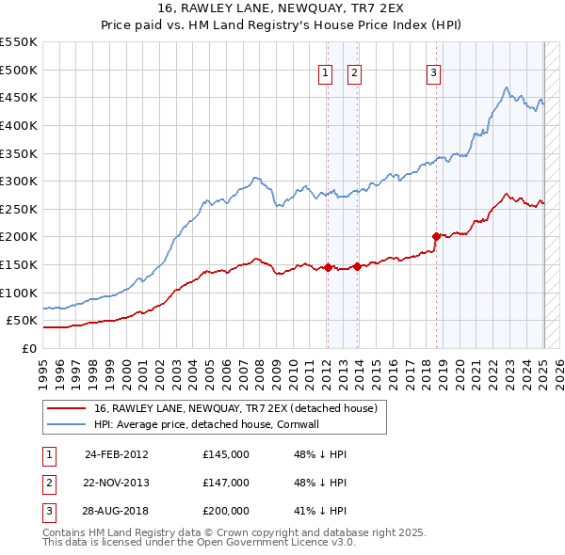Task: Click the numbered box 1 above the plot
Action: (325, 73)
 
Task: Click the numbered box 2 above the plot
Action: (354, 73)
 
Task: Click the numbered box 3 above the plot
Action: (433, 73)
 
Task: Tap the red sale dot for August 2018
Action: (436, 236)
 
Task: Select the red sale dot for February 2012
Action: (328, 267)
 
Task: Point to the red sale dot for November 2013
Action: (358, 266)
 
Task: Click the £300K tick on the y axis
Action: (18, 181)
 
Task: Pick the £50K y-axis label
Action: (22, 321)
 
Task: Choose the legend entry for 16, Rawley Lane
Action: (235, 408)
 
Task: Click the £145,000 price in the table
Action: (226, 454)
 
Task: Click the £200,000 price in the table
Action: (226, 511)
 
